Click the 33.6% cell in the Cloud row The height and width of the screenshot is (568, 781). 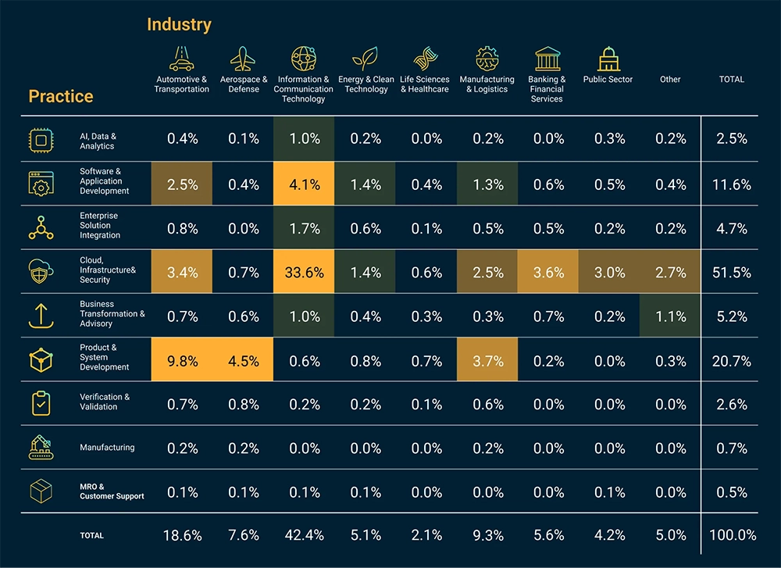[304, 273]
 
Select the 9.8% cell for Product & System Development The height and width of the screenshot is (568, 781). [182, 361]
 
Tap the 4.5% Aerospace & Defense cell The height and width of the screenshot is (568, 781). [243, 361]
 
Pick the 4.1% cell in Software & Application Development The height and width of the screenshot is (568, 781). [304, 184]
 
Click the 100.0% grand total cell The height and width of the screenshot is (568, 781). [732, 535]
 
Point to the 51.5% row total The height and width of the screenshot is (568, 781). [732, 273]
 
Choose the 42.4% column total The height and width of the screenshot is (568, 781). [304, 535]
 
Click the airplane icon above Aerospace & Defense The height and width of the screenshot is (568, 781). [243, 59]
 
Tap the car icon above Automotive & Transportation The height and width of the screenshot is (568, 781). [182, 59]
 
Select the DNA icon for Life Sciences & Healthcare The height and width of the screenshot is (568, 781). [424, 59]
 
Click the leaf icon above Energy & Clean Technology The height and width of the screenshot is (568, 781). [365, 59]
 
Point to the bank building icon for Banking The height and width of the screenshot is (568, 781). [547, 59]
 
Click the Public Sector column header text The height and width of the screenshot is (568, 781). [608, 80]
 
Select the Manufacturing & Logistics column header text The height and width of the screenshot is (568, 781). [487, 84]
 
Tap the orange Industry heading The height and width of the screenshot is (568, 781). [179, 25]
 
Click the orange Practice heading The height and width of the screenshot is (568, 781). [61, 97]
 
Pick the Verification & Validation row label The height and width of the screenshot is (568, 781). [105, 402]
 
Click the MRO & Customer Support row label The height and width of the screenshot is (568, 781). [112, 491]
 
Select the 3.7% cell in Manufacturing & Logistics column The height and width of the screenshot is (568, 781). [487, 361]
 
